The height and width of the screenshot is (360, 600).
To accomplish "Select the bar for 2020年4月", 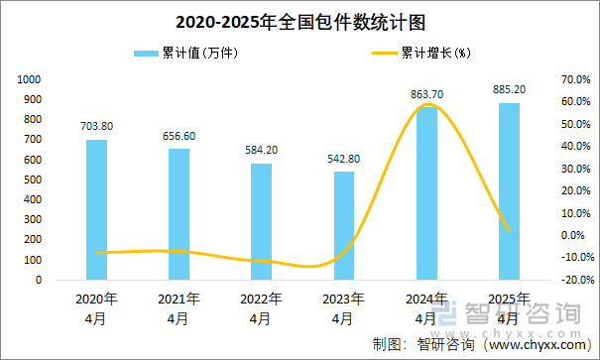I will point(96,209).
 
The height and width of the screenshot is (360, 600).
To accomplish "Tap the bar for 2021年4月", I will point(179,214).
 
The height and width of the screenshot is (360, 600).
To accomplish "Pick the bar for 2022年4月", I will point(261,221).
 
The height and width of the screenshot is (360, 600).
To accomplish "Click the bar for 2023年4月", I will point(343,225).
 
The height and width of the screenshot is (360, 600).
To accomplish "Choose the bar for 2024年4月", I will point(425,193).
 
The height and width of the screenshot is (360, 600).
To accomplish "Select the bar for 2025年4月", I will point(508,191).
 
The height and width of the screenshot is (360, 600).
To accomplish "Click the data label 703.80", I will point(97,126).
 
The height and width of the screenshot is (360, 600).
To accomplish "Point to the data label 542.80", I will point(344,159).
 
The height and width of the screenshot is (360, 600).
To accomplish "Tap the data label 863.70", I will point(426,94).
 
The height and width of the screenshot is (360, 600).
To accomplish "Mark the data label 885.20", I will point(509,90).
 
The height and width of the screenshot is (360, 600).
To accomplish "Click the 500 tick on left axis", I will point(33,180).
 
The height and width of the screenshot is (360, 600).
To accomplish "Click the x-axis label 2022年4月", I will point(261,307).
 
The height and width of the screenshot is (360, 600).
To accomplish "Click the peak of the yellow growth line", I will point(427,104).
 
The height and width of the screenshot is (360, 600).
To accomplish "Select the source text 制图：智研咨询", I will point(417,344).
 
